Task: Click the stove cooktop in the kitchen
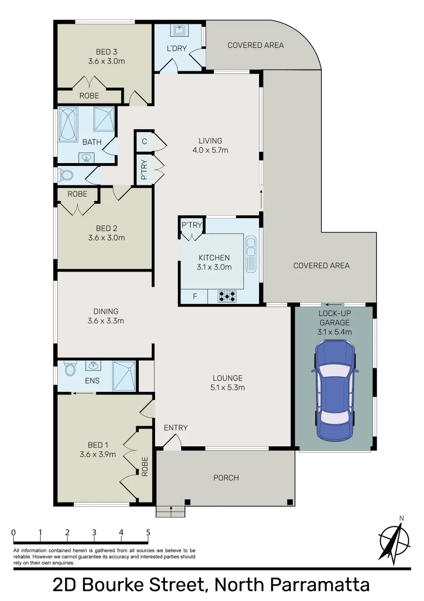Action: pos(227,295)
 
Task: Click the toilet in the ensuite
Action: pos(70,369)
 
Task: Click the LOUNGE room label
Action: pos(226,378)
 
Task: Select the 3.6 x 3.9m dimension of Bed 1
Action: pos(97,454)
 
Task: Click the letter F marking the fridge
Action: pos(194,296)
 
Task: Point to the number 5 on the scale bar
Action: pos(148,532)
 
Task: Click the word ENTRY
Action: pos(176,428)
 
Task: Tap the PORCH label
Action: pos(226,478)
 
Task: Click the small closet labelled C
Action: pos(144,141)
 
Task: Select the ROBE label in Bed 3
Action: pos(89,96)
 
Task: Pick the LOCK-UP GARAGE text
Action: pos(334,318)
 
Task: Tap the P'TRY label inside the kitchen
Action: pos(192,225)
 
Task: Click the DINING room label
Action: pos(106,311)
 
